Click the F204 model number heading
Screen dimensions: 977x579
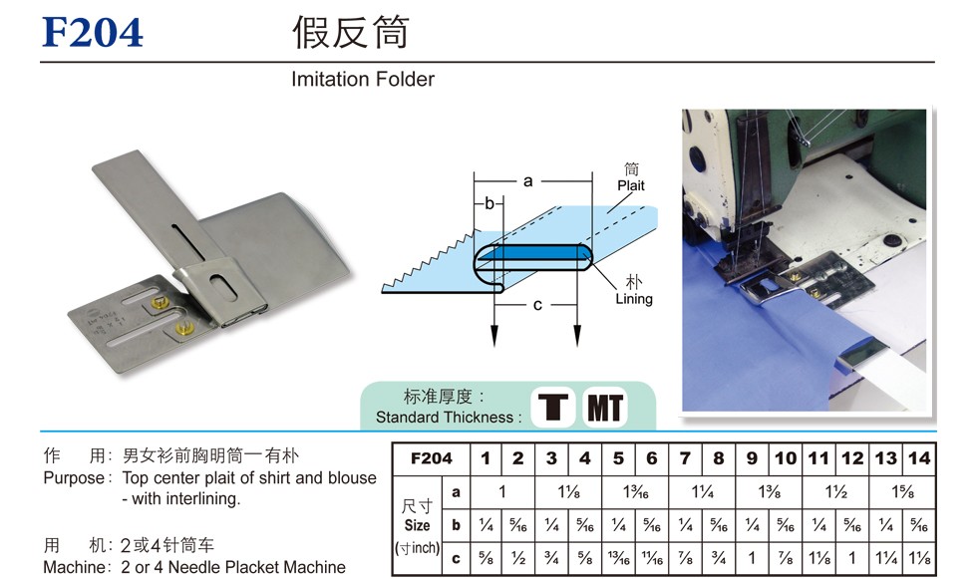point(92,32)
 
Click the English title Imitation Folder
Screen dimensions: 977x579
point(363,79)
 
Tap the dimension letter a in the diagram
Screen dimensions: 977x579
point(527,181)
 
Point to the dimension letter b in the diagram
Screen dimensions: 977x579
point(489,203)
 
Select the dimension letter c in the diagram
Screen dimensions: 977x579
point(537,305)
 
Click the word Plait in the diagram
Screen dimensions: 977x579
point(630,185)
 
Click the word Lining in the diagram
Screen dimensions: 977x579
point(634,299)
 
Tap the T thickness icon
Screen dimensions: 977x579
point(552,408)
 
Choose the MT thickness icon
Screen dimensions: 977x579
point(605,408)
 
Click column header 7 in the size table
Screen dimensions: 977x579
point(685,458)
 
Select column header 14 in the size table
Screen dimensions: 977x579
point(919,458)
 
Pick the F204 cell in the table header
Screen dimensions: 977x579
point(431,458)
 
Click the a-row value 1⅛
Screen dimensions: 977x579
point(568,492)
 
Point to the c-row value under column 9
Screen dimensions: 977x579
point(752,558)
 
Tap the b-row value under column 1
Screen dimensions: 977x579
point(487,525)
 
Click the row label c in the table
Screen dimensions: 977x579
point(457,558)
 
